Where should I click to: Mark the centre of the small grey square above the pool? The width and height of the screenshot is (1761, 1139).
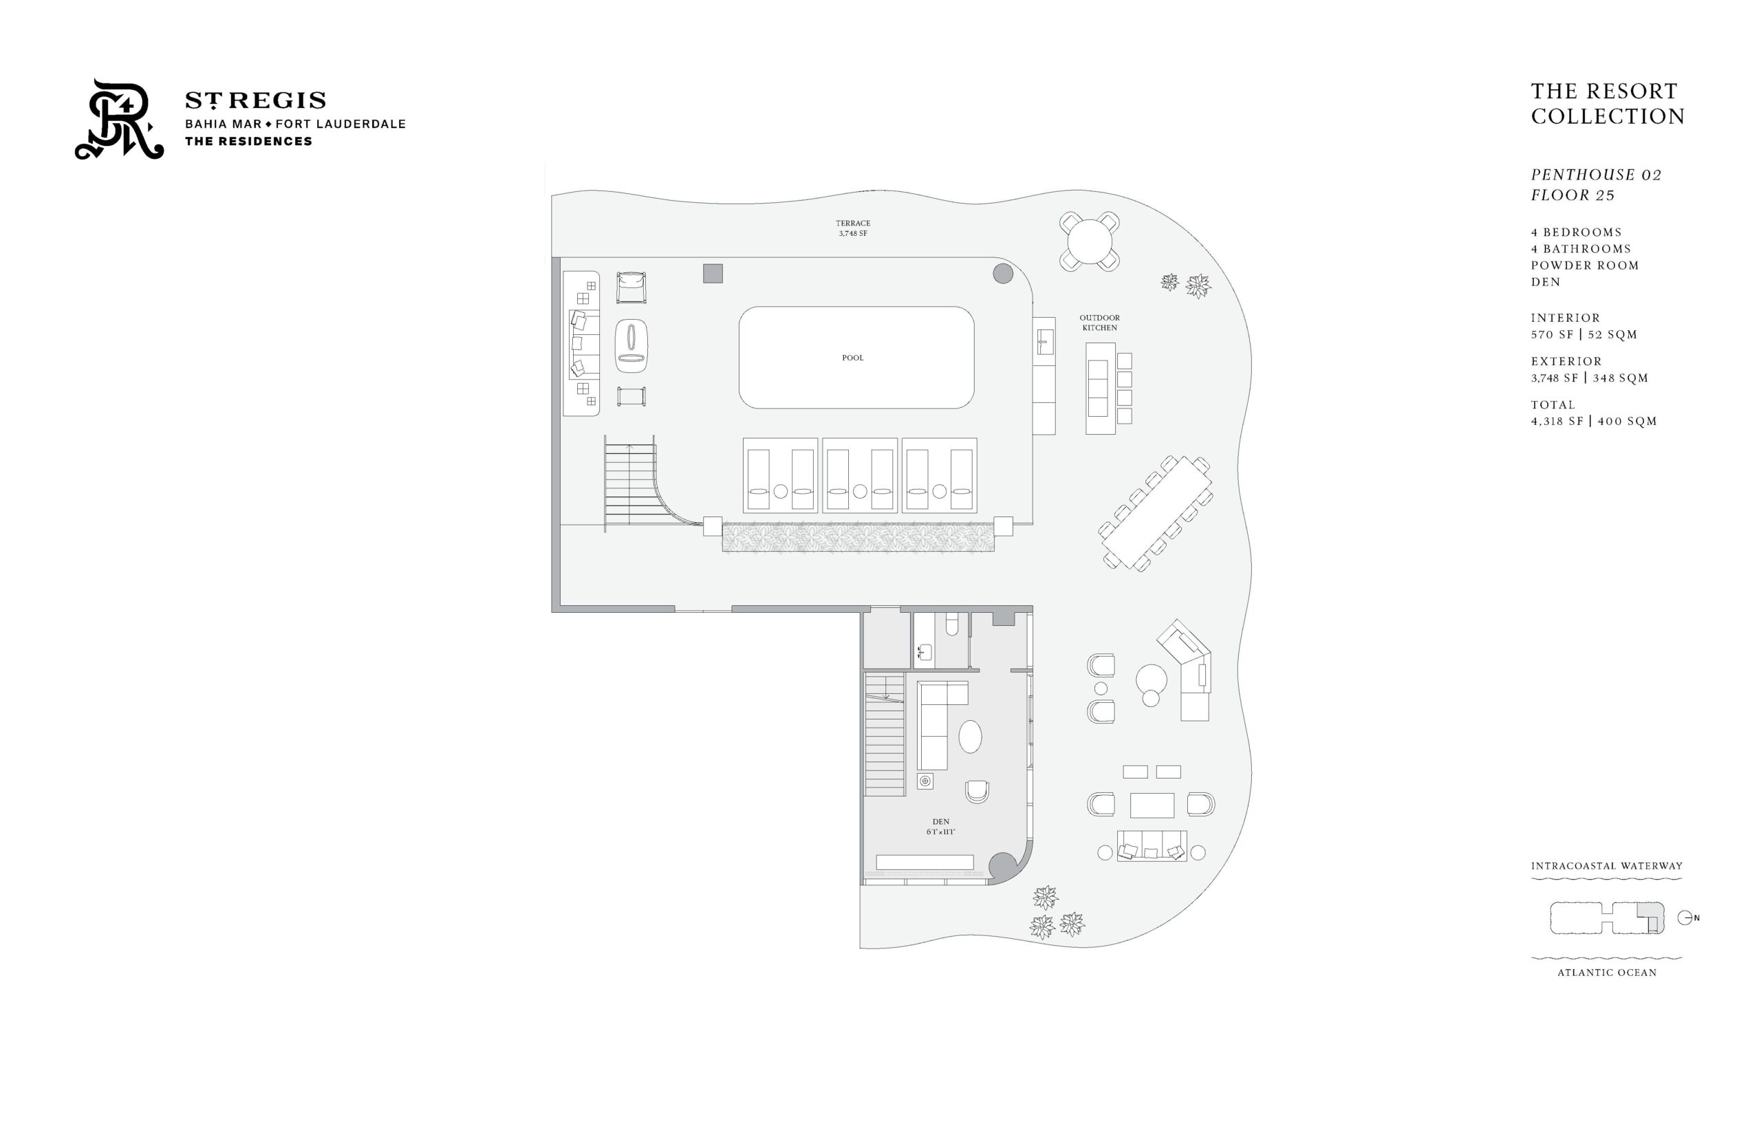(x=712, y=273)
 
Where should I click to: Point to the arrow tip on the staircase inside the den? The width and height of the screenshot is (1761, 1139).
(x=887, y=699)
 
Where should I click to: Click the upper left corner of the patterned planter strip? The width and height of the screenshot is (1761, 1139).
(x=722, y=523)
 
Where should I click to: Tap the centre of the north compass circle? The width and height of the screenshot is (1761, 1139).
(x=1684, y=918)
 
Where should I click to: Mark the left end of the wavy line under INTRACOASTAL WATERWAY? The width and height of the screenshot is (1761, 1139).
(x=1531, y=878)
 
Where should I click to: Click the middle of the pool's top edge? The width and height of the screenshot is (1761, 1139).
(x=856, y=307)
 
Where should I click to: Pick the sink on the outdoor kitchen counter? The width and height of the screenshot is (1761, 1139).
(x=1044, y=342)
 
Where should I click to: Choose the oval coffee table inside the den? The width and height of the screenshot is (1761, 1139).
(x=970, y=737)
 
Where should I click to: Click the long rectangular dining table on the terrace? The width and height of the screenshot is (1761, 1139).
(x=1154, y=512)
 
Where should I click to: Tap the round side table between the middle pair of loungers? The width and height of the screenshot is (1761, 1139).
(x=859, y=491)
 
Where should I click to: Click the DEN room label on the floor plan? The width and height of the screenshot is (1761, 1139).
(x=941, y=822)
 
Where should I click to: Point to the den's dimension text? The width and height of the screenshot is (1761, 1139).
(x=941, y=832)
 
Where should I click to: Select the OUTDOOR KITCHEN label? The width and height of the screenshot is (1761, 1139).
(x=1099, y=323)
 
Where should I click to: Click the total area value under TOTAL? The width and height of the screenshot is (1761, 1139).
(x=1594, y=422)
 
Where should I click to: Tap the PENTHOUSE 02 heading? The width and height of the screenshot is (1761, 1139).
(x=1596, y=175)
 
